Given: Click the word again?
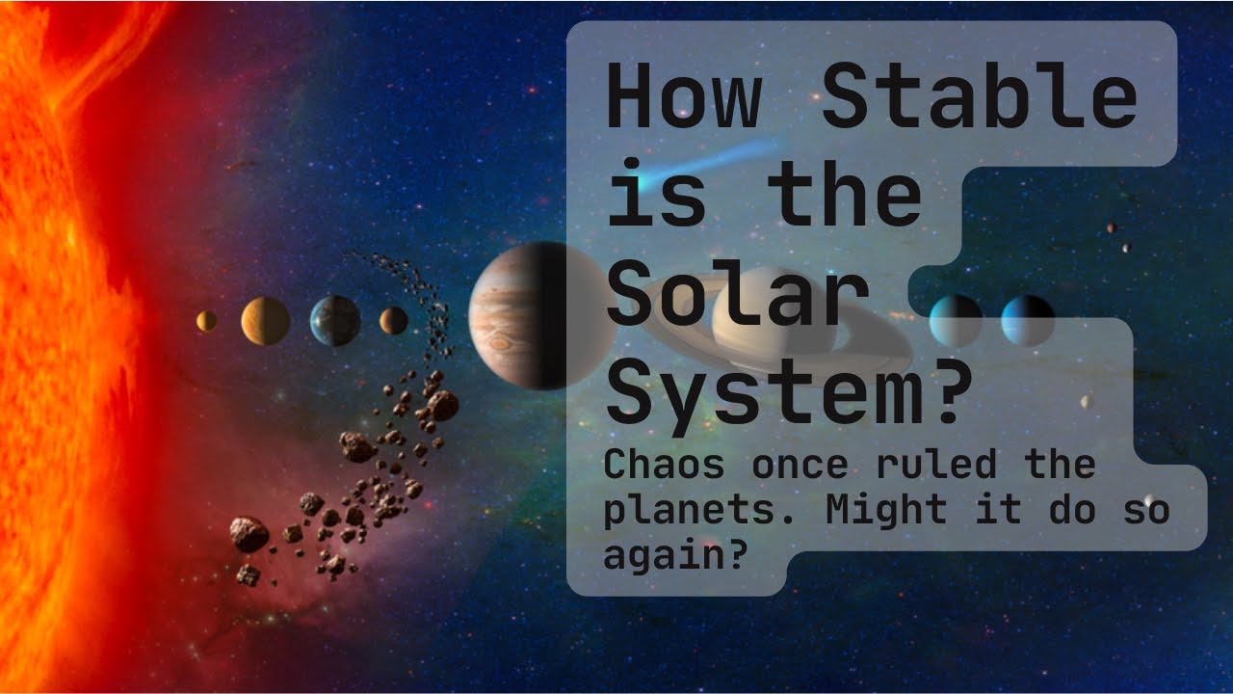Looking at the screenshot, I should click(x=674, y=554).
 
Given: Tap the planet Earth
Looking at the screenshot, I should click(x=335, y=321).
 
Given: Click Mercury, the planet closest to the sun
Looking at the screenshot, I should click(x=206, y=321).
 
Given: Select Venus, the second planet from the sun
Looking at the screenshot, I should click(x=265, y=321).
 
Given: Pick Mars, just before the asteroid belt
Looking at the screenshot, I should click(x=393, y=320).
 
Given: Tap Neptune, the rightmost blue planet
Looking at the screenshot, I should click(x=1027, y=320).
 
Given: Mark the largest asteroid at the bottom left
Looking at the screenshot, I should click(x=249, y=533).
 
